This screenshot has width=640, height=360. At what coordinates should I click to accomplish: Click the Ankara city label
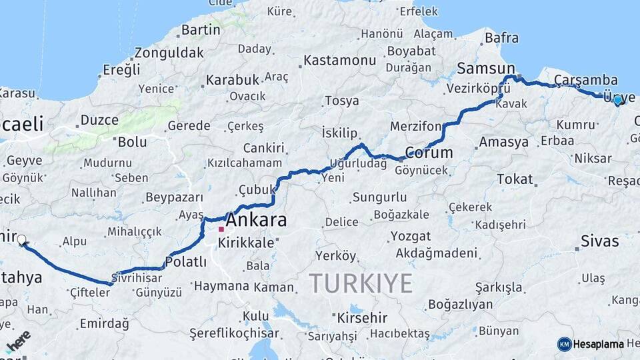click(x=257, y=220)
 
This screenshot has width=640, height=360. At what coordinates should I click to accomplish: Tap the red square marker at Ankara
click(x=221, y=229)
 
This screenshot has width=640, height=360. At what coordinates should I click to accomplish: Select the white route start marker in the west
click(x=22, y=240)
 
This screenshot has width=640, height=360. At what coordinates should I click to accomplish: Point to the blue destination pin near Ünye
click(x=617, y=100)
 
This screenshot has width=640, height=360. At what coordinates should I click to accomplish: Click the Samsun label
click(x=486, y=69)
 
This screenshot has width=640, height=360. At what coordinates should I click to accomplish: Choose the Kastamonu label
click(x=339, y=61)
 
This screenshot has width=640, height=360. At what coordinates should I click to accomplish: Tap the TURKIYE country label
click(x=361, y=283)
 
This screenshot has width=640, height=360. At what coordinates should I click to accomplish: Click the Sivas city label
click(x=600, y=241)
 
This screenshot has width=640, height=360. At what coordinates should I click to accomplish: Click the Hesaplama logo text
click(x=598, y=344)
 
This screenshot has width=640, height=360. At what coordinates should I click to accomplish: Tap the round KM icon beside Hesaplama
click(x=564, y=344)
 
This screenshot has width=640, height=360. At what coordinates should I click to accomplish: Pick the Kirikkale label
click(x=246, y=243)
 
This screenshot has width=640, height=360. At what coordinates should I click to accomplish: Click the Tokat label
click(x=515, y=179)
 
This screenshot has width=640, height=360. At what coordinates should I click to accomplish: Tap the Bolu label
click(x=132, y=142)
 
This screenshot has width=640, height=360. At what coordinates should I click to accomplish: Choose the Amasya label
click(x=503, y=142)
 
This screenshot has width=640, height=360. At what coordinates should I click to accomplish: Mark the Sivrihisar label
click(x=137, y=277)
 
